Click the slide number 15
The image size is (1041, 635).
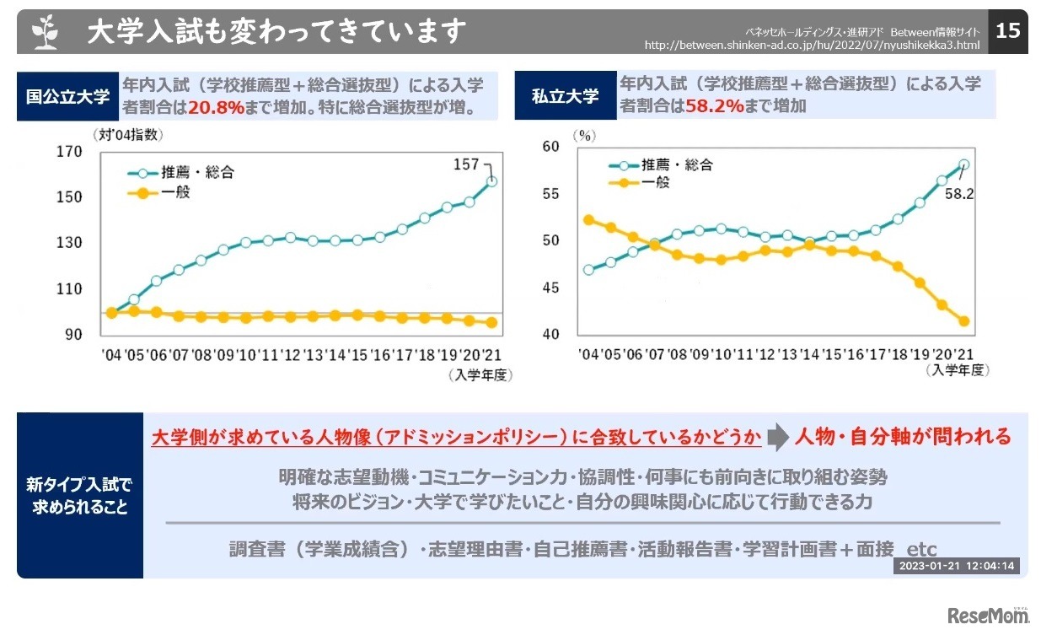pos(1008,31)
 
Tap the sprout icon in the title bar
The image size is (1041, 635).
pos(45,32)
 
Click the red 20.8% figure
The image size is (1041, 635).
pos(216,107)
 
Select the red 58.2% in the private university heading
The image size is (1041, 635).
pos(714,106)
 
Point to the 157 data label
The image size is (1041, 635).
pos(465,164)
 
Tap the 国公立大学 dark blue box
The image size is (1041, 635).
pos(68,96)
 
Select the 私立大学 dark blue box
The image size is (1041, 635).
pos(565,96)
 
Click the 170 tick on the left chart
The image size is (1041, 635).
pos(68,152)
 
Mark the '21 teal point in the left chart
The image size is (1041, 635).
pos(492,181)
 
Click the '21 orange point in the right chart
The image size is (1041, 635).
pos(964,321)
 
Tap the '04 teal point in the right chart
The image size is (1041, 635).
pos(588,270)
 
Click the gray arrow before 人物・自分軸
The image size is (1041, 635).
pos(778,437)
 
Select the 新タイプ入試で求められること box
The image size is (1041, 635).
pos(79,496)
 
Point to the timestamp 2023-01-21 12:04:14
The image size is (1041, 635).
pos(955,566)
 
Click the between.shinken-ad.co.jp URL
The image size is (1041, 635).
pos(812,44)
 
